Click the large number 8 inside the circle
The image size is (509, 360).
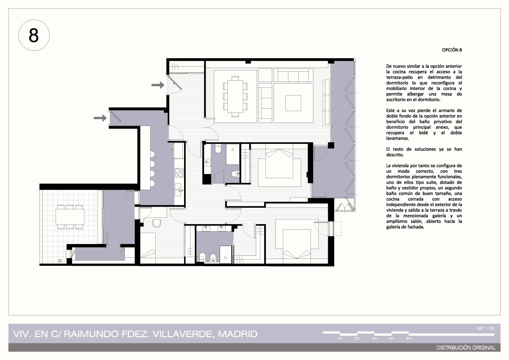click(x=34, y=36)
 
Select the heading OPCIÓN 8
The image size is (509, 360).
click(x=452, y=50)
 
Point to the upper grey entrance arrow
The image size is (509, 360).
click(x=158, y=85)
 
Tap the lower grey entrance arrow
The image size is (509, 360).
click(x=100, y=118)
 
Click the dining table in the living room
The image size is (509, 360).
click(x=235, y=96)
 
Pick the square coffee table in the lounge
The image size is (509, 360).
click(x=293, y=103)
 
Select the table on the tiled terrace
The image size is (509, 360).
click(x=70, y=217)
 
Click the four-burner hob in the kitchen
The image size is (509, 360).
click(x=179, y=173)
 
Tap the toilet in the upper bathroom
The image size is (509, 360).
click(x=218, y=149)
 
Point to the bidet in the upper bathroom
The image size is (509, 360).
click(x=235, y=174)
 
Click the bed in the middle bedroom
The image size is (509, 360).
click(x=279, y=163)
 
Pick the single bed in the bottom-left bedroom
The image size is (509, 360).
click(x=148, y=245)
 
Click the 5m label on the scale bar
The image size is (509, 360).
click(x=408, y=338)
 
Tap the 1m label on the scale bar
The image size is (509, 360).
click(x=340, y=338)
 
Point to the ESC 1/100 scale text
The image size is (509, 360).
click(x=486, y=329)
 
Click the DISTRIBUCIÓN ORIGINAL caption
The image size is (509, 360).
click(x=466, y=348)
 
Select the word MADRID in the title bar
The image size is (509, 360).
click(x=238, y=334)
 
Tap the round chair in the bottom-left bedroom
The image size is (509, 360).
click(x=157, y=223)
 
